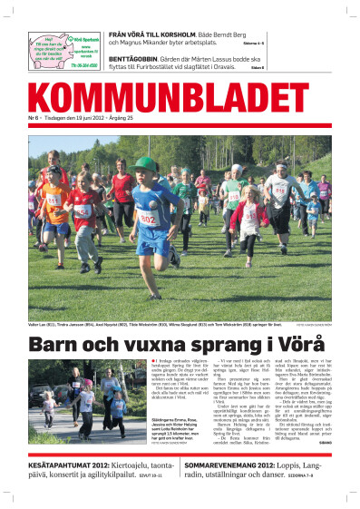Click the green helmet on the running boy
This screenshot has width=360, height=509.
click(x=144, y=164)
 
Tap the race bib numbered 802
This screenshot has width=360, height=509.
click(x=146, y=218)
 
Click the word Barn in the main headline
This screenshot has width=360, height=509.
click(x=61, y=346)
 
